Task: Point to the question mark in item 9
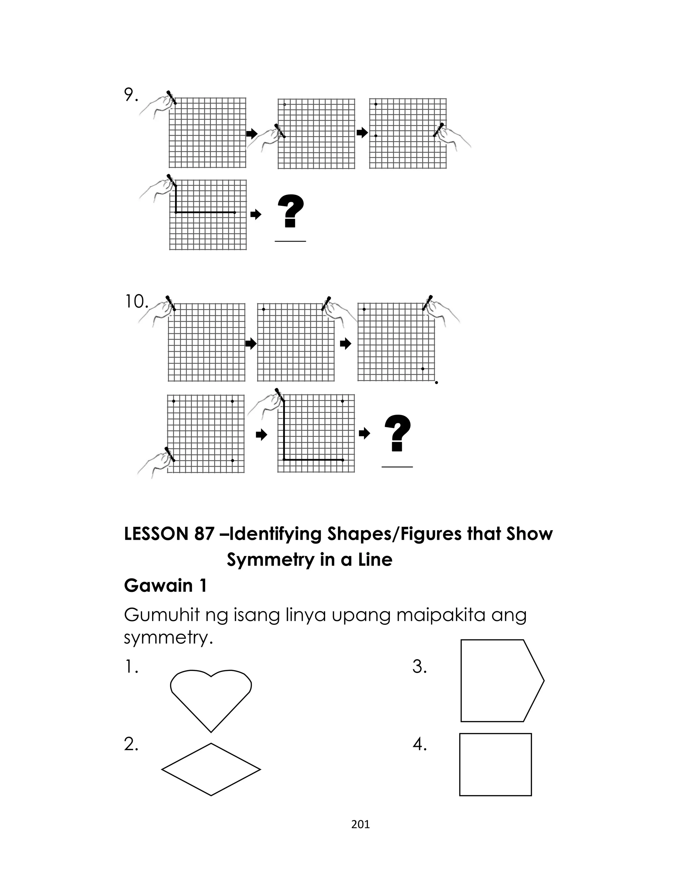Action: pyautogui.click(x=291, y=211)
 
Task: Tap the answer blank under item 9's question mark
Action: pyautogui.click(x=290, y=241)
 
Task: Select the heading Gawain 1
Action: pyautogui.click(x=165, y=585)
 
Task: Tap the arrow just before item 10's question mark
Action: pyautogui.click(x=365, y=433)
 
